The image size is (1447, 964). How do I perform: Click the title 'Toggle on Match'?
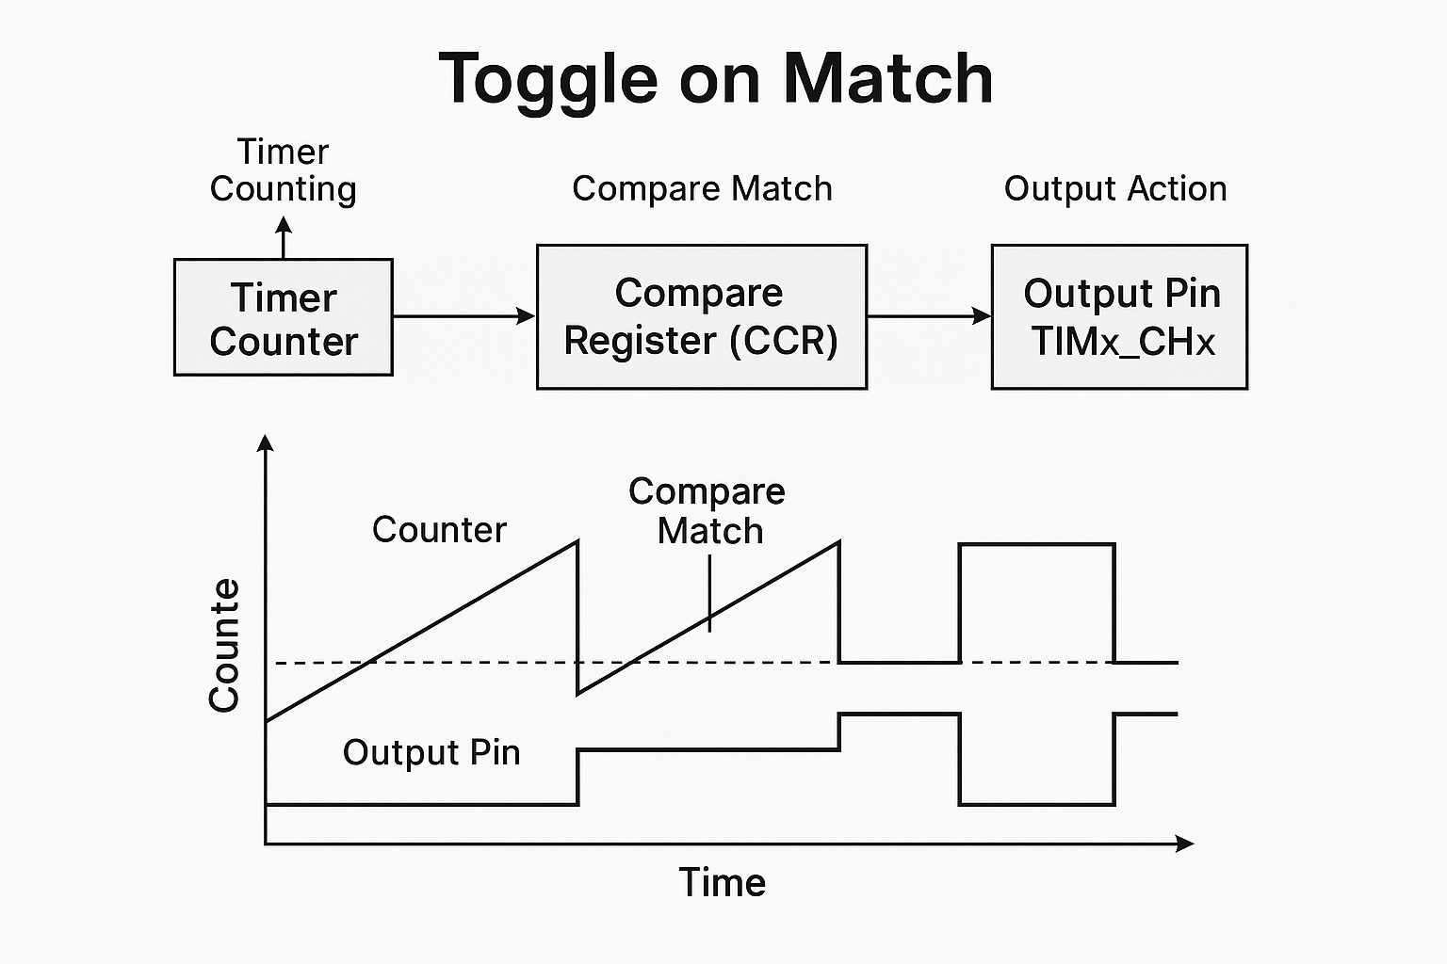(x=716, y=79)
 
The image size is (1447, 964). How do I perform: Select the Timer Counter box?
(x=284, y=318)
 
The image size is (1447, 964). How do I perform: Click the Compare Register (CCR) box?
(x=701, y=317)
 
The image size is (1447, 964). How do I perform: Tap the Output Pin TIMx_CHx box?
(x=1119, y=317)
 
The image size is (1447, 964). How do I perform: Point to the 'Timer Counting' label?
(x=283, y=170)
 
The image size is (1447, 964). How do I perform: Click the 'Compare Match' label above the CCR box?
(x=702, y=189)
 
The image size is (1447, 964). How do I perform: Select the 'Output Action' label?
(x=1115, y=189)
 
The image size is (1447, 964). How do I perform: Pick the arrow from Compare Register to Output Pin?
(x=929, y=316)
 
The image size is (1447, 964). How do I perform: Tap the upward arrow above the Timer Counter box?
(x=284, y=237)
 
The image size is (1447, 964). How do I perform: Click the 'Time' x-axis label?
(x=723, y=883)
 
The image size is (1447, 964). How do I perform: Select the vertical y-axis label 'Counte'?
(x=224, y=646)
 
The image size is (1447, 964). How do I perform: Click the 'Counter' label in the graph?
(x=439, y=530)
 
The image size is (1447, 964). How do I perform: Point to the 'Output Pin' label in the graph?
(x=431, y=753)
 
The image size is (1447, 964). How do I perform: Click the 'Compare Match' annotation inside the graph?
(x=707, y=511)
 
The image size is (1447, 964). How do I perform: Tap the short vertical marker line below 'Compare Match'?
(x=709, y=593)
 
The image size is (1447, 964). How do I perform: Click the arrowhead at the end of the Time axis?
(x=1185, y=843)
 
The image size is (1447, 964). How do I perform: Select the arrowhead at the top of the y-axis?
(x=267, y=442)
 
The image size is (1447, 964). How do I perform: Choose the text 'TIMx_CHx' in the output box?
(x=1123, y=342)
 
